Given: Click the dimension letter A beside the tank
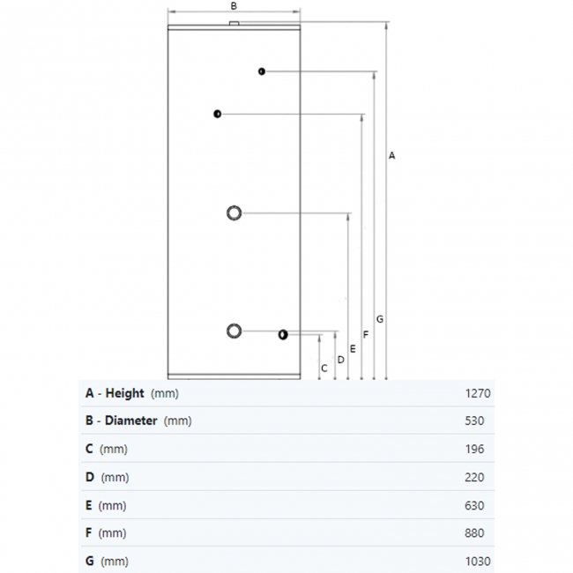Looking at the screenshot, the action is [x=391, y=156].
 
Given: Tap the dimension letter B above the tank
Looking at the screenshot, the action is [x=234, y=6].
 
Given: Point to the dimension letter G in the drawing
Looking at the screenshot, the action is [x=380, y=319].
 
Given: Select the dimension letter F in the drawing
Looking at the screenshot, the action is [x=366, y=334].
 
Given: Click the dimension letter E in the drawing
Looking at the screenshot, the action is [x=353, y=349].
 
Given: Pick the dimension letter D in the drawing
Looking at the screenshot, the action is [x=340, y=360].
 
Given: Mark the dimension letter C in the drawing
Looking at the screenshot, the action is [x=324, y=368].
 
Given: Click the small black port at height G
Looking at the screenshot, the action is [x=262, y=71].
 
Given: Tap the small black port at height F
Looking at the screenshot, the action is [x=218, y=114].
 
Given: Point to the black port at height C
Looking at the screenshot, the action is [x=283, y=335].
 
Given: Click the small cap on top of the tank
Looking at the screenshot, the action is [x=234, y=24].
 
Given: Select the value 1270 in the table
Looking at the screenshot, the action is [x=478, y=393].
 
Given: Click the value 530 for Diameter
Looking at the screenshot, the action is [x=474, y=421].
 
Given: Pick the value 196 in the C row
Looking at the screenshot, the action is [x=474, y=449].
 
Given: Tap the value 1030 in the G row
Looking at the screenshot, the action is [x=478, y=562].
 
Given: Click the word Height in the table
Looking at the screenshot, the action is [x=124, y=393].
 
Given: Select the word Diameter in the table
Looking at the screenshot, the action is [x=130, y=420].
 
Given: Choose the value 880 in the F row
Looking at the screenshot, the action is [x=474, y=533].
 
